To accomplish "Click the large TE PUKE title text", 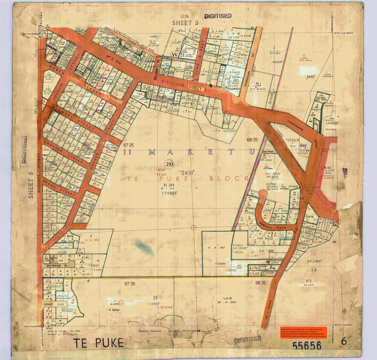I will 98,343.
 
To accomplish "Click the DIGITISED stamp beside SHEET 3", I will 218,16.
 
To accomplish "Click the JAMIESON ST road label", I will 248,71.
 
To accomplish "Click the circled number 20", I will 169,164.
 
